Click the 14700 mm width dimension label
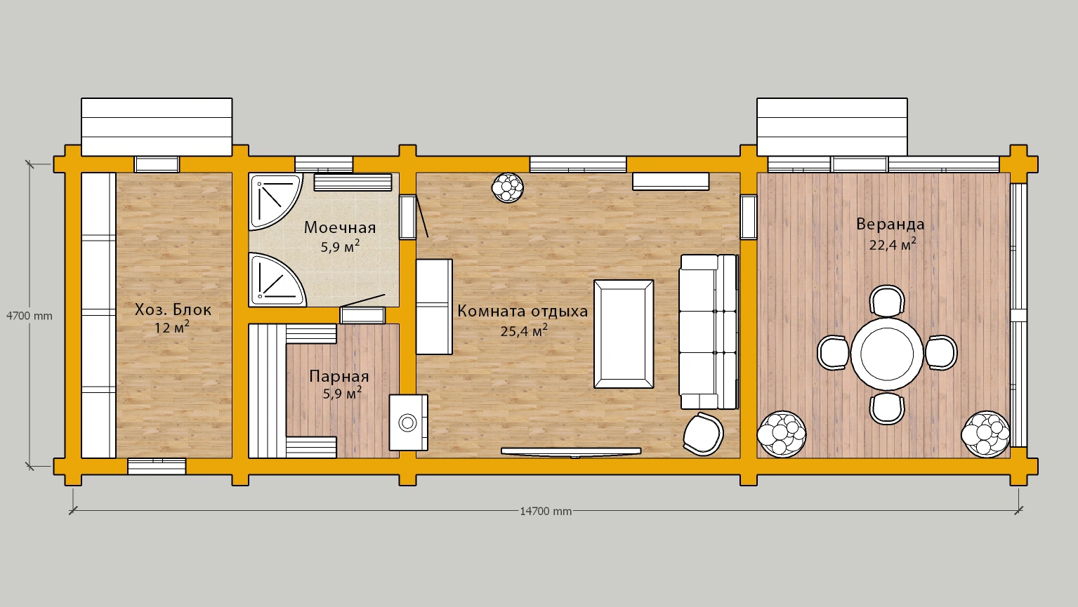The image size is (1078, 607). coord(546,512)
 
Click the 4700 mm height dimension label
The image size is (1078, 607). coord(29,316)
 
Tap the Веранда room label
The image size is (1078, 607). coord(890,224)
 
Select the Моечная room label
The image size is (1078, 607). coord(340,227)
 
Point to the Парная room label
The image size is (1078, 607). coord(338,376)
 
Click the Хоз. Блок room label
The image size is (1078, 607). coord(173,309)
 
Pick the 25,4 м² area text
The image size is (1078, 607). coord(524,331)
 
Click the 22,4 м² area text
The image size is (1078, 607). coord(892,244)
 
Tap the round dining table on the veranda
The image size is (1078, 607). coord(887,354)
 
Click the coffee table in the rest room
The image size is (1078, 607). coord(624,334)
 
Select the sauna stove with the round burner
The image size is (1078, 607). coord(408,422)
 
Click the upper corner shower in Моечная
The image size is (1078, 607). coord(275,202)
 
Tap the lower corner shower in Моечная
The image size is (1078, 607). coord(276,279)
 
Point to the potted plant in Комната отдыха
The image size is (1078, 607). coord(507,187)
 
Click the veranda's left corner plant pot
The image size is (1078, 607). coord(782,434)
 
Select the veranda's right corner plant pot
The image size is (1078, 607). coord(985,434)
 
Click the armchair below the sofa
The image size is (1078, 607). coord(703,434)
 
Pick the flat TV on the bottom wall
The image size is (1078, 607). coord(571,452)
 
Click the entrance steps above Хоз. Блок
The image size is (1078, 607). coord(157,127)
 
